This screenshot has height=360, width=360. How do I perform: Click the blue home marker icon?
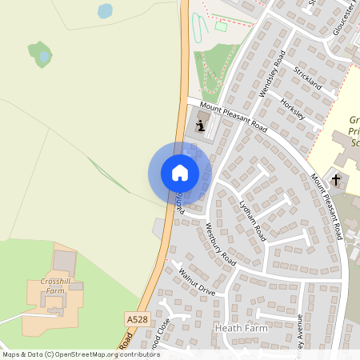click(179, 173)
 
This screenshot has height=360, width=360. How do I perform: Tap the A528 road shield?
click(137, 318)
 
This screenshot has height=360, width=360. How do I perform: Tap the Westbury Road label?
click(221, 245)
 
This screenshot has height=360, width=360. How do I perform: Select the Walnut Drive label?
click(197, 280)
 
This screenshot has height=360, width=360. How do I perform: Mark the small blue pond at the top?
click(105, 10)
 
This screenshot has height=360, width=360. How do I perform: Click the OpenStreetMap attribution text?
click(81, 354)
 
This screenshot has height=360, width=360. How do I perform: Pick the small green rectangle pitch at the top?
click(222, 26)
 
